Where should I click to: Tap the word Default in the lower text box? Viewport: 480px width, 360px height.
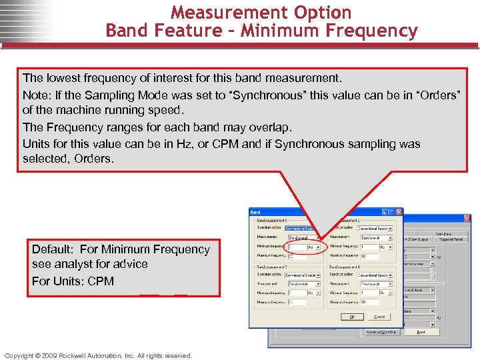pos(53,249)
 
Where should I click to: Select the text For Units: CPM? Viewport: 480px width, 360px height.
pos(73,281)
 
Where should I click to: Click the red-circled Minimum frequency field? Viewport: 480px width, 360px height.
pos(297,247)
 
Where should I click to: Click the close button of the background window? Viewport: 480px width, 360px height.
pos(467,219)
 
